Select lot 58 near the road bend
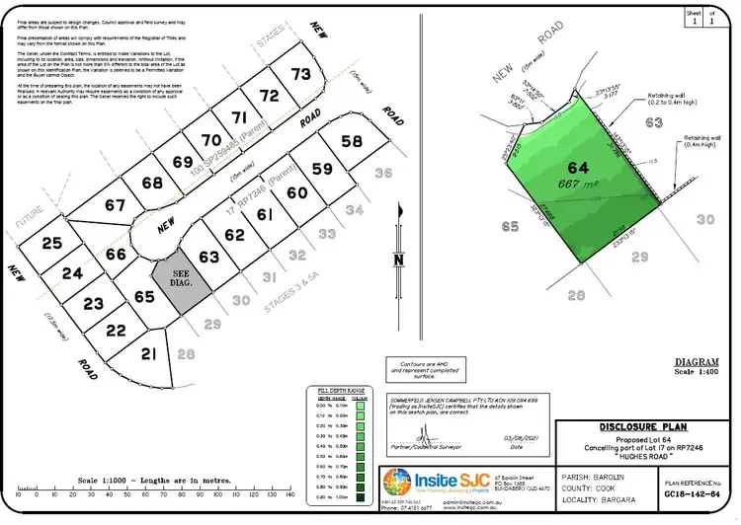[x=351, y=142]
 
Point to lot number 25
[x=51, y=243]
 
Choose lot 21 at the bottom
[x=149, y=354]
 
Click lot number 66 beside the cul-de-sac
[x=116, y=254]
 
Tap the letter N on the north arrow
[x=399, y=261]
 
